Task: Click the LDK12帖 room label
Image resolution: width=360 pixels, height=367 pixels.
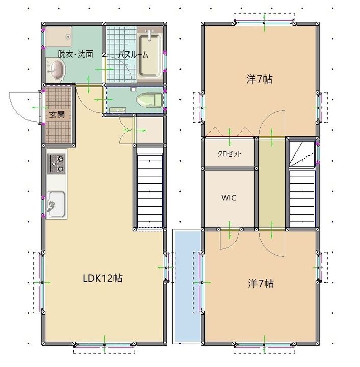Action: click(x=102, y=278)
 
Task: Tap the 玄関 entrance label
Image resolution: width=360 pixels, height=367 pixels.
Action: click(x=57, y=115)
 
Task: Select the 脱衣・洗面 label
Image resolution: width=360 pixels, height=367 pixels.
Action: click(x=75, y=54)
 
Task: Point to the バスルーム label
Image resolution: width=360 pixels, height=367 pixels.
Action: click(x=133, y=55)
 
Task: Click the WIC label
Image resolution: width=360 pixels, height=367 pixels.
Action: click(x=228, y=198)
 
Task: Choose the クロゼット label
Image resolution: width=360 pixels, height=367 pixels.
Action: click(x=229, y=154)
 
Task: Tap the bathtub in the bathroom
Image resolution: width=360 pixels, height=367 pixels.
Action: click(x=150, y=55)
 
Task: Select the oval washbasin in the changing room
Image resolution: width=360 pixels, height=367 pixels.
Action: click(x=57, y=70)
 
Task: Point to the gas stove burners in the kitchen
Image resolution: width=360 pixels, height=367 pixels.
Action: click(x=57, y=164)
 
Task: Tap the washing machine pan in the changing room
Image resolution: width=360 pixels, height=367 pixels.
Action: click(x=59, y=37)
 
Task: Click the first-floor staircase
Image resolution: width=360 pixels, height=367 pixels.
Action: click(x=150, y=190)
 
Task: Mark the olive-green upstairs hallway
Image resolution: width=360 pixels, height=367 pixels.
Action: click(x=271, y=183)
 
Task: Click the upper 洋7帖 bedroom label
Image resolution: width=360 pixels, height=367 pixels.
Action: click(x=260, y=79)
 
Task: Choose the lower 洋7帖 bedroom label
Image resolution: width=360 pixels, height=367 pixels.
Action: click(x=261, y=283)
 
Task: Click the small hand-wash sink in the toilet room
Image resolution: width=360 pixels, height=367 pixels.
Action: click(x=118, y=110)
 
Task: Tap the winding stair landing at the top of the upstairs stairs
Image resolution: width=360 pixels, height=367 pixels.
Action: click(x=302, y=154)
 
